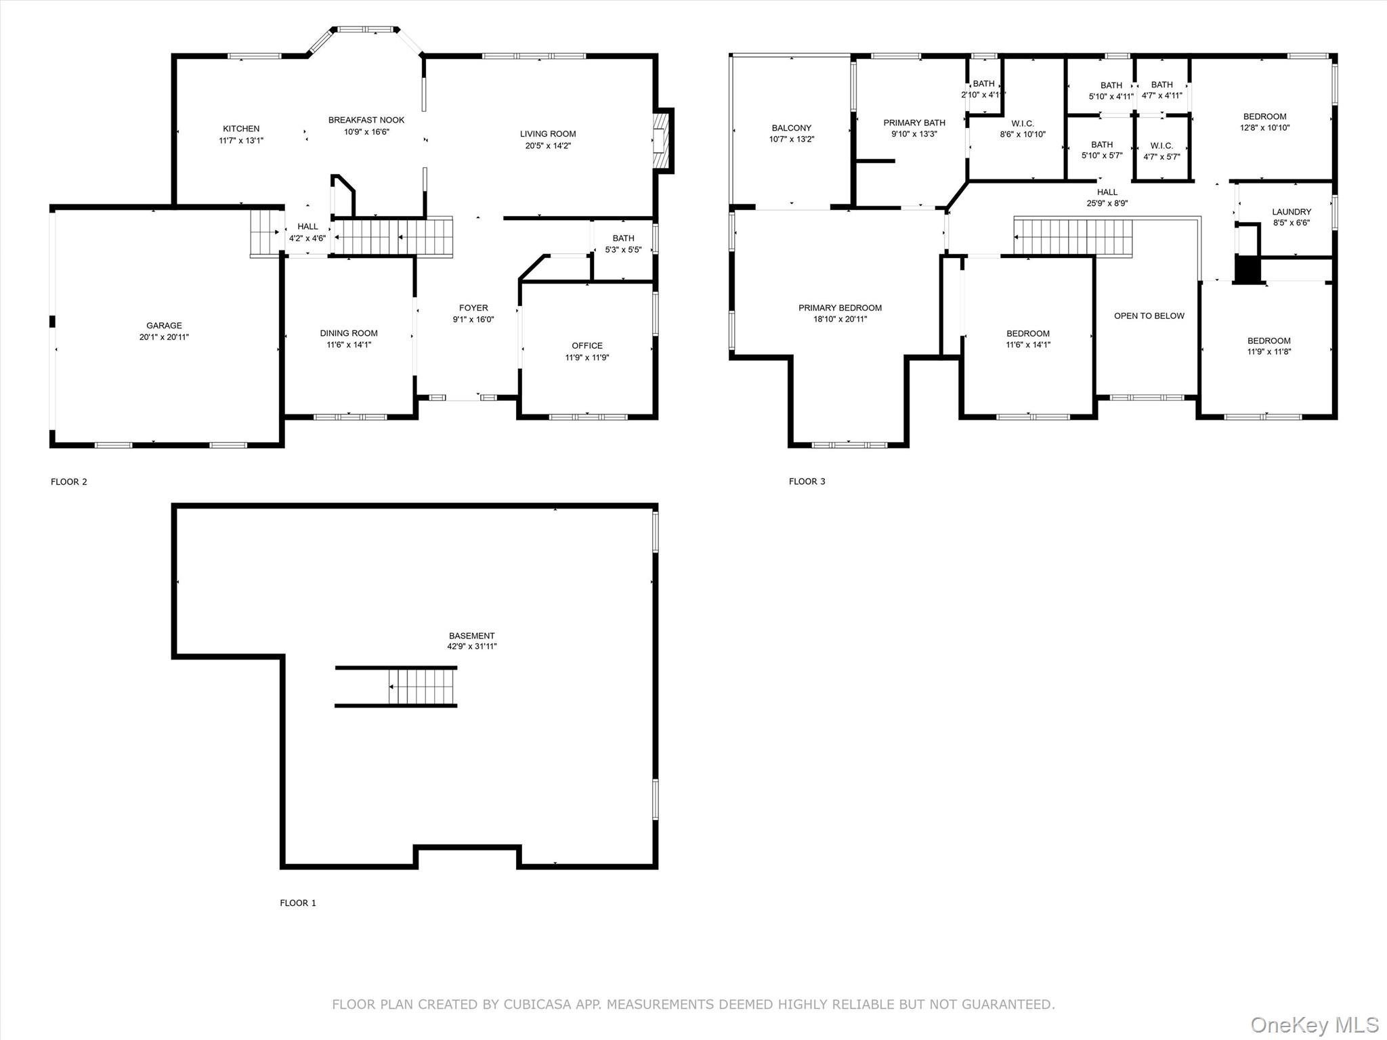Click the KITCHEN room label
[x=241, y=129]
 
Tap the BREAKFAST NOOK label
[x=366, y=120]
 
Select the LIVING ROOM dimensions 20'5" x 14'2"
[x=548, y=146]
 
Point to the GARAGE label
[x=164, y=326]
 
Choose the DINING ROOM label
[x=349, y=333]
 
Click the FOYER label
[x=473, y=308]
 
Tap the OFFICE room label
[x=587, y=346]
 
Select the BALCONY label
[x=791, y=128]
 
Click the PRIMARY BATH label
[x=914, y=123]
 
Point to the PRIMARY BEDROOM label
[x=840, y=308]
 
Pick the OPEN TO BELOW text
[x=1149, y=316]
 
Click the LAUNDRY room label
[x=1292, y=212]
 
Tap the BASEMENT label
[x=471, y=636]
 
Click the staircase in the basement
[x=396, y=687]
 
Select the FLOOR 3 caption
[x=807, y=481]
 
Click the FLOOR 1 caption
[x=298, y=903]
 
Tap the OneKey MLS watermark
[x=1315, y=1024]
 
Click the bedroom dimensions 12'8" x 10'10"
[x=1264, y=127]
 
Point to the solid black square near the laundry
[x=1247, y=269]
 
